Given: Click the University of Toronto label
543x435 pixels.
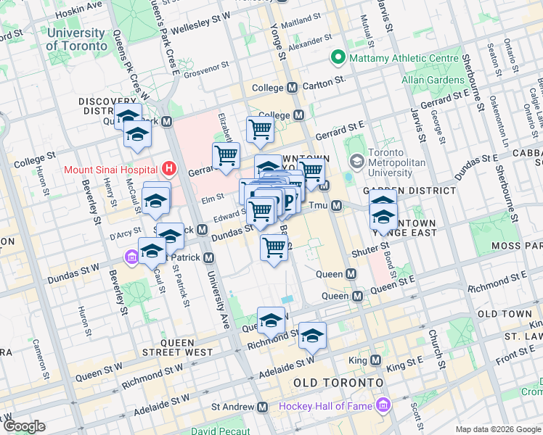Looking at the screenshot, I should [75, 39].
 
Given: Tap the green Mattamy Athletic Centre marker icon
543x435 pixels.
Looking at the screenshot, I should [338, 57].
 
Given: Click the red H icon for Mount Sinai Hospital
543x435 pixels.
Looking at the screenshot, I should [170, 170].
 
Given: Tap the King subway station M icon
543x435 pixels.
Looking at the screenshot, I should [375, 360].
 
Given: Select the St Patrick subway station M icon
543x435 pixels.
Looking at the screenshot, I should [209, 257].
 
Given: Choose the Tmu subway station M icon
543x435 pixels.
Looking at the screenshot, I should [337, 207].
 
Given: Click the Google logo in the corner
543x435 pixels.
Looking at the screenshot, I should [24, 426].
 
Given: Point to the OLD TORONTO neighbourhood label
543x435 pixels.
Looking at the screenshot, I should [338, 382].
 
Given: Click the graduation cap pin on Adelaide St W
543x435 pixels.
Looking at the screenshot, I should [312, 334].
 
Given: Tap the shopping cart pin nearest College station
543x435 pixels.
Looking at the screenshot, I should [260, 130].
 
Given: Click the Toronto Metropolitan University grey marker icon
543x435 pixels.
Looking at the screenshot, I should [356, 160].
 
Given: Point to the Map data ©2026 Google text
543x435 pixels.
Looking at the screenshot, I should [497, 429].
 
